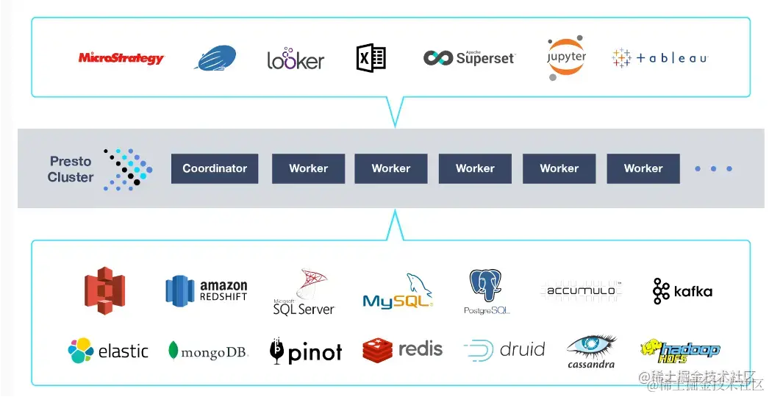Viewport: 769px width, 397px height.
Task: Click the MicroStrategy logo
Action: pos(121,58)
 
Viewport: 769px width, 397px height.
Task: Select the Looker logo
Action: pos(296,59)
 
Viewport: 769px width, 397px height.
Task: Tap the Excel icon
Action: pos(371,58)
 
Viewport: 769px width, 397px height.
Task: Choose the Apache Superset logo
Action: pos(469,58)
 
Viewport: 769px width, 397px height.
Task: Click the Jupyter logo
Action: pos(567,57)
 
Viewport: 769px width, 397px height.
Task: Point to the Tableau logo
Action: pos(659,58)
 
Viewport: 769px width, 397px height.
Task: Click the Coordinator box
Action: pos(215,168)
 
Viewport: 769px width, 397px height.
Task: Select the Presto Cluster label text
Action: pos(71,169)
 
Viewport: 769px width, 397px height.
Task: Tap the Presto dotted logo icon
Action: pos(127,169)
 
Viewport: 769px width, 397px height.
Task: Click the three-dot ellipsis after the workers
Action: pos(714,169)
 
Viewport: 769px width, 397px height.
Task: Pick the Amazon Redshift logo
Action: pos(207,290)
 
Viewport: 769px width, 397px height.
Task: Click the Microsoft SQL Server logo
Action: pos(304,293)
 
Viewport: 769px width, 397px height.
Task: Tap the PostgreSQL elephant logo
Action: pos(487,291)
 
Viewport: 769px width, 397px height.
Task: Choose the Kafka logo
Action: pos(682,291)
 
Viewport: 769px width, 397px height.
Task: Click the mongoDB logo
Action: pos(207,351)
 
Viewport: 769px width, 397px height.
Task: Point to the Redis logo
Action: pos(403,349)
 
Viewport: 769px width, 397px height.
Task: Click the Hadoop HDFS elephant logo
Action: pos(679,351)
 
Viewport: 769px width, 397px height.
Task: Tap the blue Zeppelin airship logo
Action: pos(215,58)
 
